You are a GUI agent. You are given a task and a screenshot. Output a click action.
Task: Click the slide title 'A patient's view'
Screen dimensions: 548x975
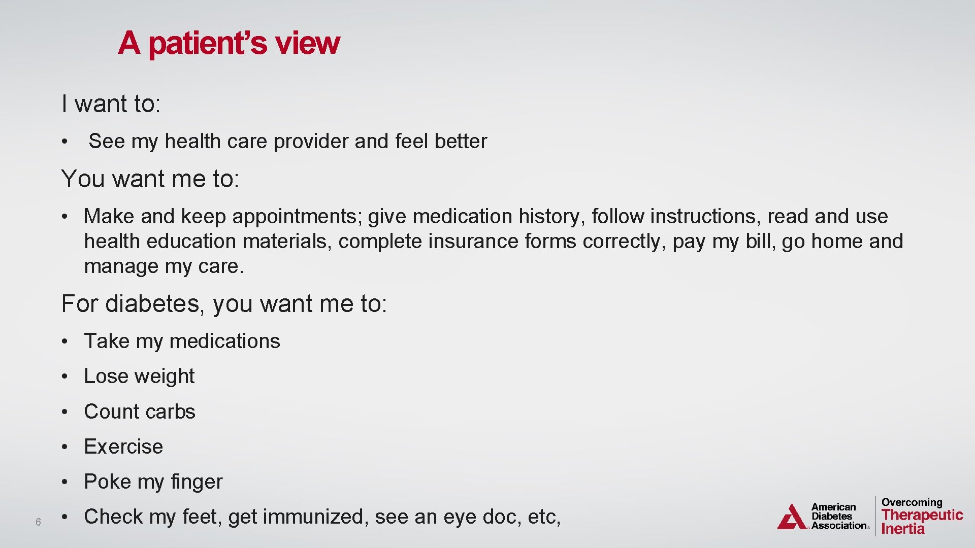point(229,43)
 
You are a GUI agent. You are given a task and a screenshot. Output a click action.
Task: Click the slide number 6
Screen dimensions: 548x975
point(38,522)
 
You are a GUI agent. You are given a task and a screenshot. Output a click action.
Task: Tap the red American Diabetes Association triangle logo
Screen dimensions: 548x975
point(791,517)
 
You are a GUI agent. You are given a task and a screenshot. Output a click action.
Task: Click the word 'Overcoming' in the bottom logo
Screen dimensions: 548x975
point(912,502)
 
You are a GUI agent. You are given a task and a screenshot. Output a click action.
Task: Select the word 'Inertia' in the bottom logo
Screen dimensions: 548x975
point(903,529)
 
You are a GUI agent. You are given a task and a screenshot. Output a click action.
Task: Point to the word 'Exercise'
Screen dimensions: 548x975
point(123,447)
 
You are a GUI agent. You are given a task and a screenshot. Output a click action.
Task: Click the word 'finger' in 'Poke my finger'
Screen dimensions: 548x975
point(197,482)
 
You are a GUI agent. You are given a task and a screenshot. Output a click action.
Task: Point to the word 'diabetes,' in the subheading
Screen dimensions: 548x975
point(155,304)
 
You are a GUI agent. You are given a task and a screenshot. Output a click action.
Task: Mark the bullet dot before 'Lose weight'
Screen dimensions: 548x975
point(64,377)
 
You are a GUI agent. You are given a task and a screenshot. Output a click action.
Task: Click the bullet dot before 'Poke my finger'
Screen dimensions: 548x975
point(64,482)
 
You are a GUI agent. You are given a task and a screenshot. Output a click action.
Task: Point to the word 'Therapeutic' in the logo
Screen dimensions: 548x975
point(922,515)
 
